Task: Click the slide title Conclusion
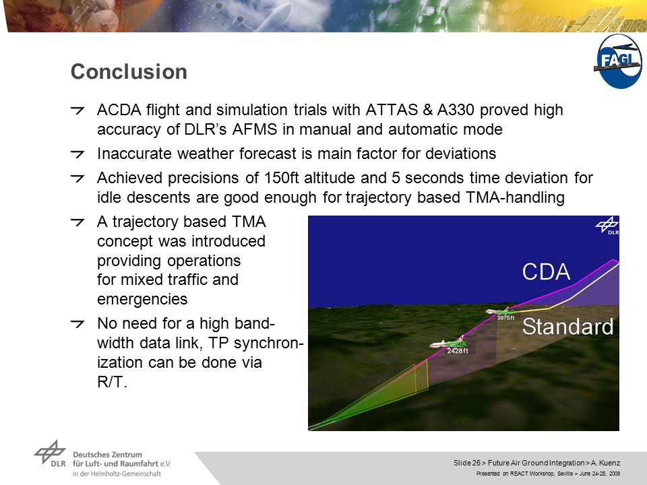129,72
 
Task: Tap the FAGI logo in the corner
618,61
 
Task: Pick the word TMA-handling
515,197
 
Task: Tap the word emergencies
142,299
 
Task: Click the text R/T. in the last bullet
112,382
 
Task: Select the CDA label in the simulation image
546,271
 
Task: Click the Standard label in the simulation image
567,326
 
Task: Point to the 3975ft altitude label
505,318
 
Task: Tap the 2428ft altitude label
458,351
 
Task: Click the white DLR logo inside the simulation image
607,226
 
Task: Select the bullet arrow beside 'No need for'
77,324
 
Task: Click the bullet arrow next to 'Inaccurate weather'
77,154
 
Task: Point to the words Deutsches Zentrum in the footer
107,455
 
